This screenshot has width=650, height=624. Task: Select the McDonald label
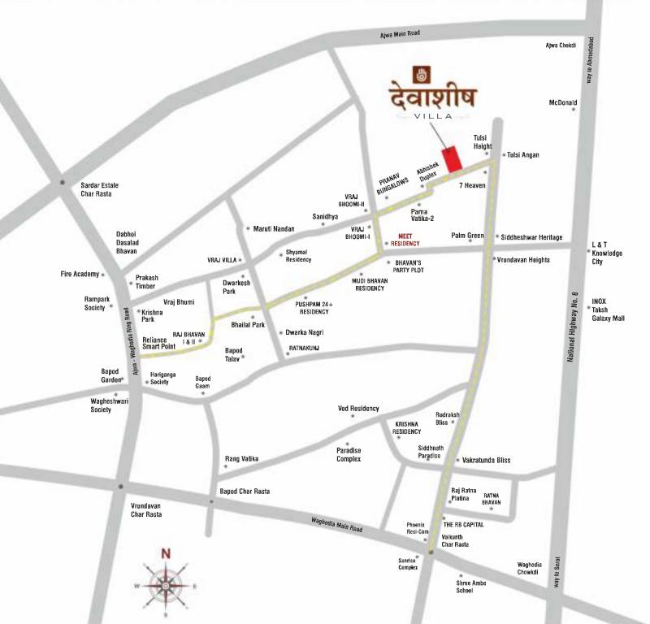(x=562, y=103)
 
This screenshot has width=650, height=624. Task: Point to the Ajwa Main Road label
(x=401, y=33)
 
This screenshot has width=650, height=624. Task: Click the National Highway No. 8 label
(x=574, y=325)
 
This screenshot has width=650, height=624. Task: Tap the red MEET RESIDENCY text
(x=405, y=239)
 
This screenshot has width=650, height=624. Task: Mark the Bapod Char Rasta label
(x=245, y=492)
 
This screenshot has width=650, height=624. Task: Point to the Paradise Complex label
(x=349, y=454)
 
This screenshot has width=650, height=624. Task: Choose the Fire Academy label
(x=79, y=274)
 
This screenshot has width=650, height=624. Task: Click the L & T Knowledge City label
(x=607, y=253)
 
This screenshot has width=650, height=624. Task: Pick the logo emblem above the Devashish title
(x=420, y=72)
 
